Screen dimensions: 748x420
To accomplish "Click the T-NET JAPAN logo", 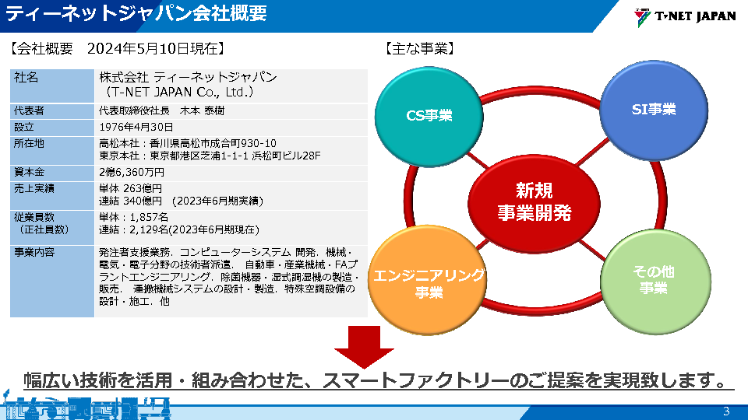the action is point(685,16).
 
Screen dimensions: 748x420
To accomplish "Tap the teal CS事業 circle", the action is point(429,117).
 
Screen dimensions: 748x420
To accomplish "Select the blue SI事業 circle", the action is point(654,110).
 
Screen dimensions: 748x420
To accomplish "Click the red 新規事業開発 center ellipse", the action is point(534,203).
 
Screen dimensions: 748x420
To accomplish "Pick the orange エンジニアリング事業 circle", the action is point(428,280).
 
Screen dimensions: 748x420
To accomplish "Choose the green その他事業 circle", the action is point(655,282).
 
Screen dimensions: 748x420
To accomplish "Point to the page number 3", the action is point(726,411).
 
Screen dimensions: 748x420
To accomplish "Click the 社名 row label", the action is point(26,77).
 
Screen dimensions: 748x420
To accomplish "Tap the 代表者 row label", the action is point(29,111).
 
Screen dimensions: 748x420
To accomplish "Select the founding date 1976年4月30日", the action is point(136,127).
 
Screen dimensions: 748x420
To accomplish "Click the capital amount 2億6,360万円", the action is point(132,172).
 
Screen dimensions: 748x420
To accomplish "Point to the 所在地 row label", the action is point(29,143).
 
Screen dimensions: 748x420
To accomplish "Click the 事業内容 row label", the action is point(34,252).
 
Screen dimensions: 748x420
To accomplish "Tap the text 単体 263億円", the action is point(131,188).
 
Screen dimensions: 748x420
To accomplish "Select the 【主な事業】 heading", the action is point(419,48).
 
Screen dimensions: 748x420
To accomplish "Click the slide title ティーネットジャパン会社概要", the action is point(136,13).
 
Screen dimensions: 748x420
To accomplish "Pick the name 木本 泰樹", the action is point(202,111).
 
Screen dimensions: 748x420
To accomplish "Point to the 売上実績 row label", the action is point(34,188).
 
